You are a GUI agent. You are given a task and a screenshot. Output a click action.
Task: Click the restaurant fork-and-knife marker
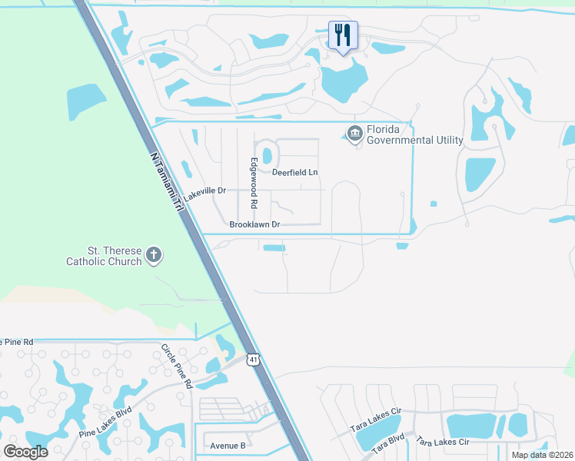(x=343, y=35)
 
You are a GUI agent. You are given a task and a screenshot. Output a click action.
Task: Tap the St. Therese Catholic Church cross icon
(x=154, y=255)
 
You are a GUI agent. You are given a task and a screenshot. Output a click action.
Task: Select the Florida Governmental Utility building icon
(x=354, y=134)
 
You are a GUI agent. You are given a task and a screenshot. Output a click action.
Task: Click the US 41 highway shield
(x=254, y=360)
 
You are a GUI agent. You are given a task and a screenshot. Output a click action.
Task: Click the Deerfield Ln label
(x=294, y=172)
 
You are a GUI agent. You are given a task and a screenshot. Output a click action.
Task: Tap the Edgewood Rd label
(x=253, y=185)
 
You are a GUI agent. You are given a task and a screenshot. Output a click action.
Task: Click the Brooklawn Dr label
(x=254, y=224)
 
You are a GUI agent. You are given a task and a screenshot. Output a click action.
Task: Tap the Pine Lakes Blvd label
(x=105, y=423)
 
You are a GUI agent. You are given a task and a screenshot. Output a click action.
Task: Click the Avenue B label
(x=228, y=445)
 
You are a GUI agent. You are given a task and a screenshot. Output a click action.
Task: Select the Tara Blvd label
(x=388, y=445)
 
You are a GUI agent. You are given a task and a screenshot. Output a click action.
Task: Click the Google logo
(x=25, y=451)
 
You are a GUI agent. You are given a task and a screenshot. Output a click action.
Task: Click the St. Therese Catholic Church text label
(x=104, y=256)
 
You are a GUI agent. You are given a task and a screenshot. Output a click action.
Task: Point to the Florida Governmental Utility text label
(x=414, y=134)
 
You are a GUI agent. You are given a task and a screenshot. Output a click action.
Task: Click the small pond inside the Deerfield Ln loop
(x=267, y=155)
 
